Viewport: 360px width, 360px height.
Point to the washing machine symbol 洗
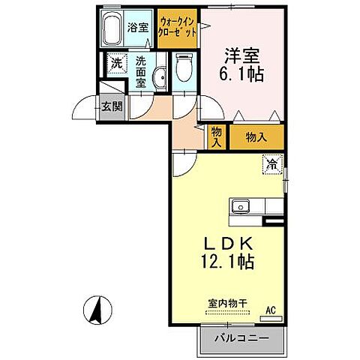point(116,64)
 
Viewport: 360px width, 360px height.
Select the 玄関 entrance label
point(112,106)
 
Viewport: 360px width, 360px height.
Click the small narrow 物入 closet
point(216,136)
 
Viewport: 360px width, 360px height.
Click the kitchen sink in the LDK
point(241,205)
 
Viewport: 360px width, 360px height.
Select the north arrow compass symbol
point(97,307)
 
